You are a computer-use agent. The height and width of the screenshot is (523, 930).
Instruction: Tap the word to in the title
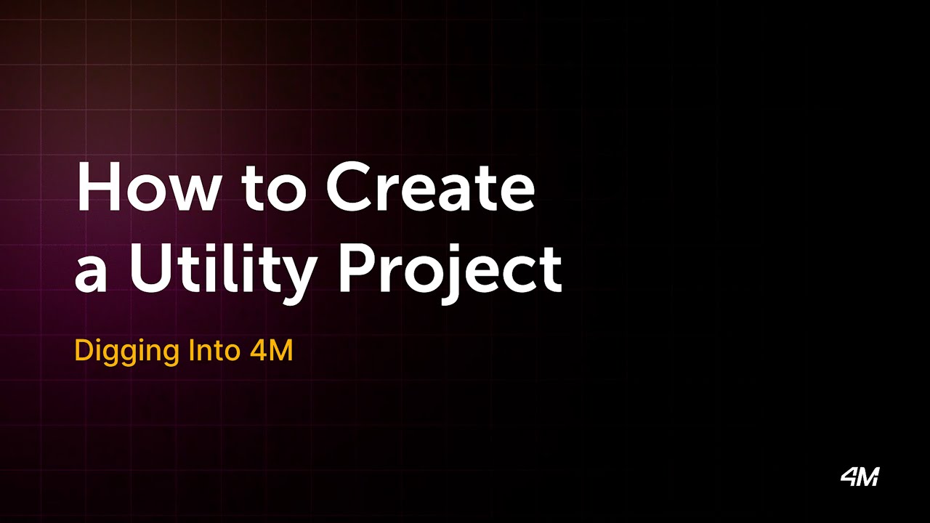click(x=272, y=188)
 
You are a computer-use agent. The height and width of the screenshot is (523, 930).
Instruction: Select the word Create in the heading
click(x=430, y=187)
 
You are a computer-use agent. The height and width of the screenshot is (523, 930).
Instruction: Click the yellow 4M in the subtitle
click(x=270, y=351)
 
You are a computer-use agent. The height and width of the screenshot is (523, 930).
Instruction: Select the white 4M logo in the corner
click(x=860, y=477)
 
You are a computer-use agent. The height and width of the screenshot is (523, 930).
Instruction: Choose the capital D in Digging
click(x=83, y=351)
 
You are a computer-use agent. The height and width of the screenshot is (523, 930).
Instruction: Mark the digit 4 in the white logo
click(x=849, y=477)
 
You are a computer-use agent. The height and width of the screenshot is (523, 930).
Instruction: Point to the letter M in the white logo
click(x=869, y=477)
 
